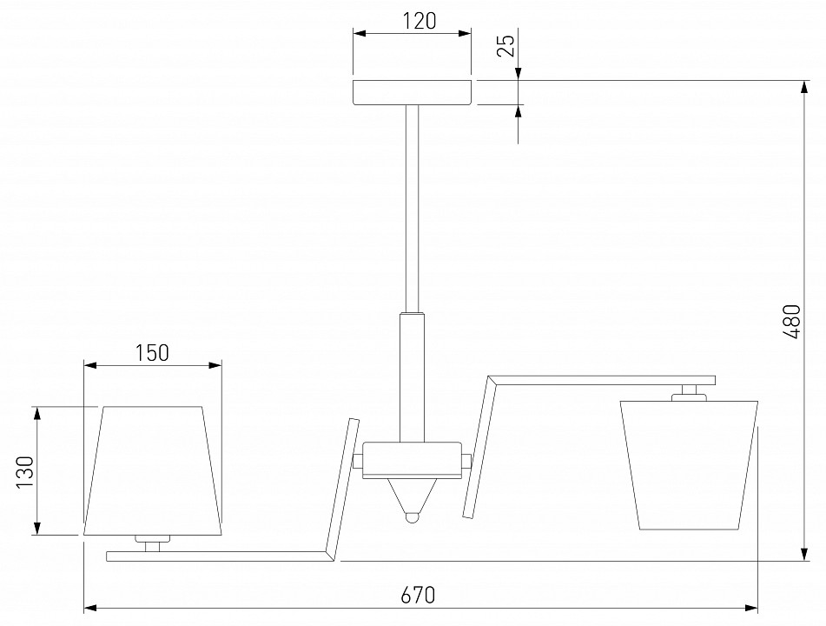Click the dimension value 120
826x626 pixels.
[420, 21]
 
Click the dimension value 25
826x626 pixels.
[506, 46]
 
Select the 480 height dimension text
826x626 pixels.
[792, 321]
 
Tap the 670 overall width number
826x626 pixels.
[419, 595]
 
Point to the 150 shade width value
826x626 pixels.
[152, 353]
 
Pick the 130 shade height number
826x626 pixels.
[25, 471]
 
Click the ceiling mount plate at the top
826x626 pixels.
[412, 93]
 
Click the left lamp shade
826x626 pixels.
[153, 471]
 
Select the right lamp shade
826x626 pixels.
[689, 465]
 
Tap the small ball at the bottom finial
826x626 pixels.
[412, 516]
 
